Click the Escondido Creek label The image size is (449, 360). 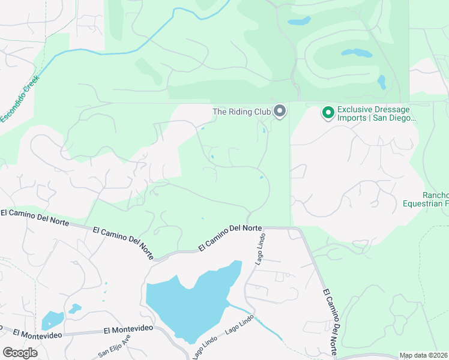19,98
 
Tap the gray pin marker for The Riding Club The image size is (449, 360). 279,111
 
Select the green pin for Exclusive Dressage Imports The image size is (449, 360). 328,112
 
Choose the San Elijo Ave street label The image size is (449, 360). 115,347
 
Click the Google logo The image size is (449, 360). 20,353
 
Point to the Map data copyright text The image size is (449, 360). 424,355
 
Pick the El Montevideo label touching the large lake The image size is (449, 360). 128,329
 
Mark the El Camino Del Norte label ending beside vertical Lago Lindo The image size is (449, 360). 231,237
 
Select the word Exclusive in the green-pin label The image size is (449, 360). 355,109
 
